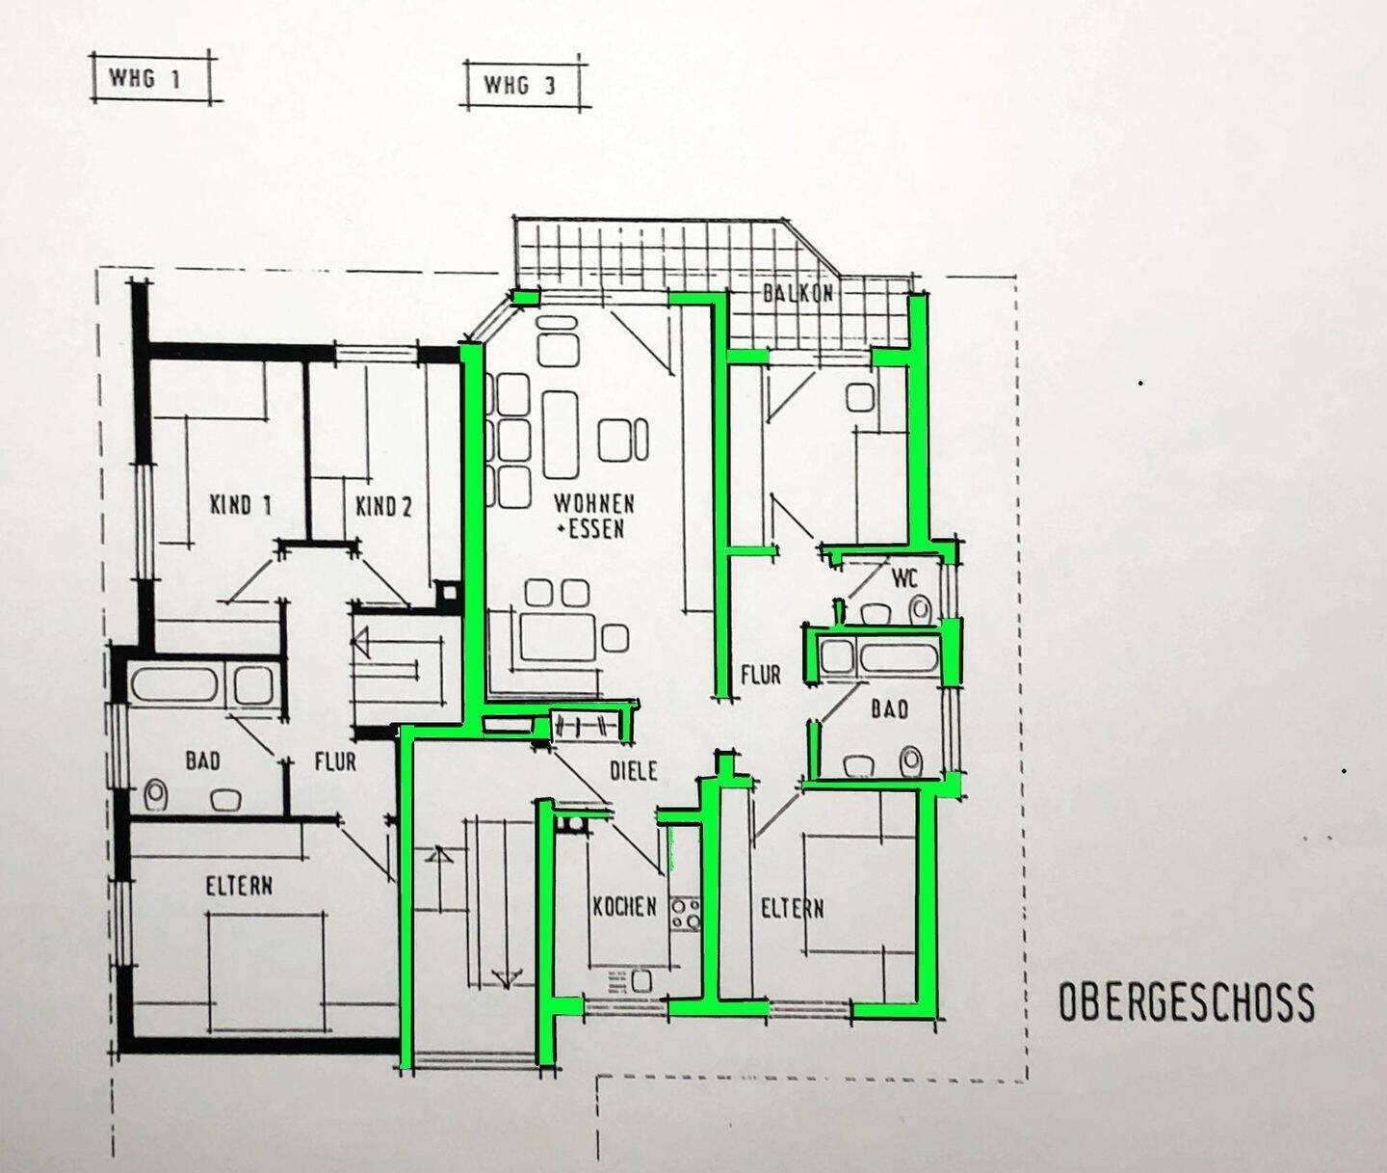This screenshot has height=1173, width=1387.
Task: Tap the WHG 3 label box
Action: pos(523,85)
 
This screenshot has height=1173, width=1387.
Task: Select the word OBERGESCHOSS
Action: pos(1186,1003)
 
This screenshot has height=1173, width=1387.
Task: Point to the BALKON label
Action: pos(798,293)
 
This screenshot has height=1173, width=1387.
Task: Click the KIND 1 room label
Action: pos(240,505)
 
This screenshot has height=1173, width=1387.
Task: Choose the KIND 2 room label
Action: pos(383,506)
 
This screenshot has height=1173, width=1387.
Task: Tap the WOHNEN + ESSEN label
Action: pos(594,516)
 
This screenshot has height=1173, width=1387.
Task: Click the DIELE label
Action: pos(634,771)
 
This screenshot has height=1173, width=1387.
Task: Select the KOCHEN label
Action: pos(624,907)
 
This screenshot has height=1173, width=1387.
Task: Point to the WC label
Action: pos(904,577)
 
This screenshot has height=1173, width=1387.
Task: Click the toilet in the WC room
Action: pos(919,609)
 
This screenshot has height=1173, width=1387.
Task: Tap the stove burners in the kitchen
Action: pos(685,913)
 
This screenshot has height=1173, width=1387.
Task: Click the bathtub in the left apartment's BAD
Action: pos(175,685)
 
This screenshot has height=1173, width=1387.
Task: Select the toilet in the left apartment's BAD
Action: pos(156,795)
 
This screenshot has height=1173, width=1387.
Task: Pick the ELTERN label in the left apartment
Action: pos(239,887)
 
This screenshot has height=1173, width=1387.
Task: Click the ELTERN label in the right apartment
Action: pos(792,909)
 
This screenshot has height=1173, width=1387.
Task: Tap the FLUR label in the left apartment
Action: pos(335,761)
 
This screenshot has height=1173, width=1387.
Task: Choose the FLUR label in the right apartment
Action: pos(760,675)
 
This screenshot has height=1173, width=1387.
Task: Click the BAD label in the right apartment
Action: pos(889,709)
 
